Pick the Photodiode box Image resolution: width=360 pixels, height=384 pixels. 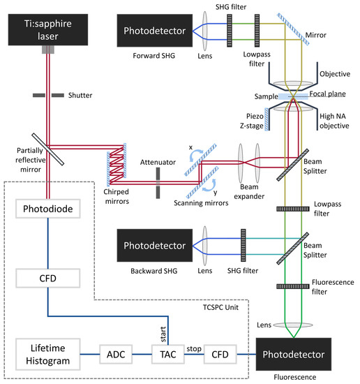(x=47, y=209)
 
